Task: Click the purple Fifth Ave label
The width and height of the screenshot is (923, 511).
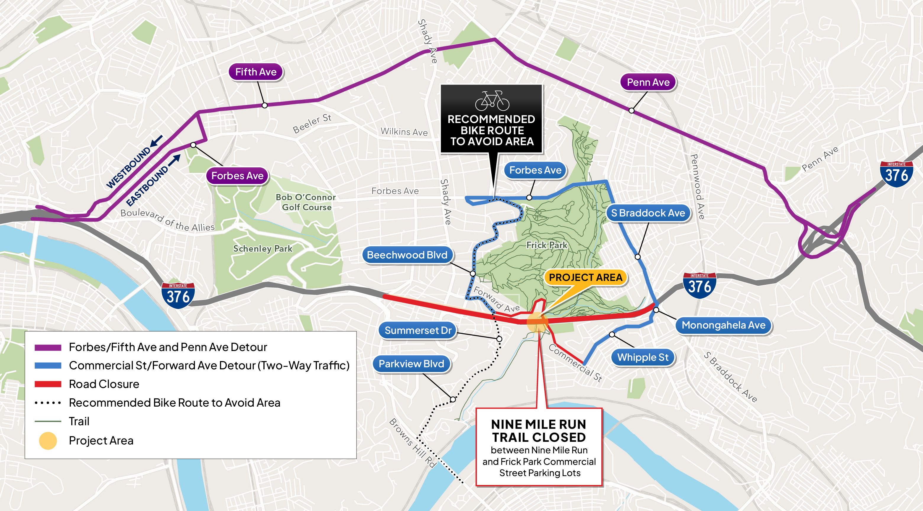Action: coord(256,72)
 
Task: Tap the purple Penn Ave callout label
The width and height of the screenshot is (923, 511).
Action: coord(648,83)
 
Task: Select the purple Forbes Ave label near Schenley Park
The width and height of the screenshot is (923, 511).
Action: coord(237,176)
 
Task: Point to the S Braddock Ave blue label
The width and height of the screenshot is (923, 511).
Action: coord(648,213)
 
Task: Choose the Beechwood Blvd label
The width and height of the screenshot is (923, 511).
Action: coord(407,255)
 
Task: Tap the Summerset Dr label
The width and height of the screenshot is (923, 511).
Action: coord(418,330)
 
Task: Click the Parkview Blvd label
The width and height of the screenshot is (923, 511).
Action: coord(411,364)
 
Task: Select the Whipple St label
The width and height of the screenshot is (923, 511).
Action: coord(643,357)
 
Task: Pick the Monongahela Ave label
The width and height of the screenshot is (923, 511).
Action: coord(723,325)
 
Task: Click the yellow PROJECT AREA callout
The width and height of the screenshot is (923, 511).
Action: coord(585,277)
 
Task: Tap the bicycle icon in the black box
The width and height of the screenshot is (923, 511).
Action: coord(492,101)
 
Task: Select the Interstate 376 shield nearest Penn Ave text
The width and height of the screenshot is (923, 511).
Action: coord(896,174)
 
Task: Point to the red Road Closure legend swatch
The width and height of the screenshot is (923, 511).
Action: coord(48,384)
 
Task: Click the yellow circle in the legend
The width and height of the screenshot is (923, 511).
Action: coord(48,440)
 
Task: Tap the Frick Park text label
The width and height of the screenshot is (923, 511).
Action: coord(547,245)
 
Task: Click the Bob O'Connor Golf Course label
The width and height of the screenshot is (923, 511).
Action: coord(306,202)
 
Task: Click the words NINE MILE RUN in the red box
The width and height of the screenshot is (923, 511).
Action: coord(539,424)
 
